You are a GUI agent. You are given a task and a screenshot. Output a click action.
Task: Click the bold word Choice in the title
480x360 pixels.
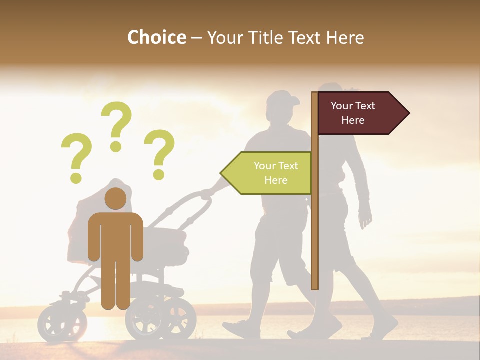156,37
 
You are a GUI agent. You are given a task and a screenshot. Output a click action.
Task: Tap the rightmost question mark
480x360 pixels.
159,154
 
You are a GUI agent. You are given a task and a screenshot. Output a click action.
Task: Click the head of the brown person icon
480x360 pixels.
115,199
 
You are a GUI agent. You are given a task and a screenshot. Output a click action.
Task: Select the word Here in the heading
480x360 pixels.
345,37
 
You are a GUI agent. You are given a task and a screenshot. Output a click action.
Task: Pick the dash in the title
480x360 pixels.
196,38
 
